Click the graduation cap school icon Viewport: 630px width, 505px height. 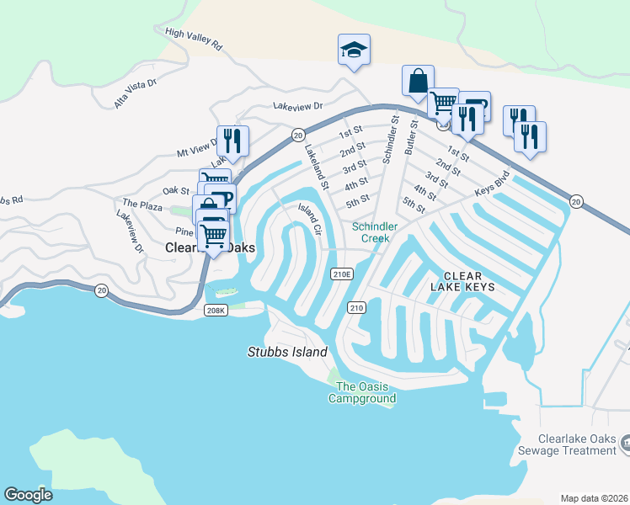[354, 50]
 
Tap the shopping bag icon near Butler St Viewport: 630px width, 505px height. [418, 82]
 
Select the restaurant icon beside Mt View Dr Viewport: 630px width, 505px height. [232, 141]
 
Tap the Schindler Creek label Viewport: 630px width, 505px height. [370, 232]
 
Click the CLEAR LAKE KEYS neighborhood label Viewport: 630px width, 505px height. [462, 282]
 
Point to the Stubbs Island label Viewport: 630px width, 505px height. [286, 352]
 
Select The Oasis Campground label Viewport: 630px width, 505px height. [361, 392]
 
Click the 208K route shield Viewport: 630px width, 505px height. [216, 311]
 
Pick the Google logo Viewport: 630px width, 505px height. [29, 495]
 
